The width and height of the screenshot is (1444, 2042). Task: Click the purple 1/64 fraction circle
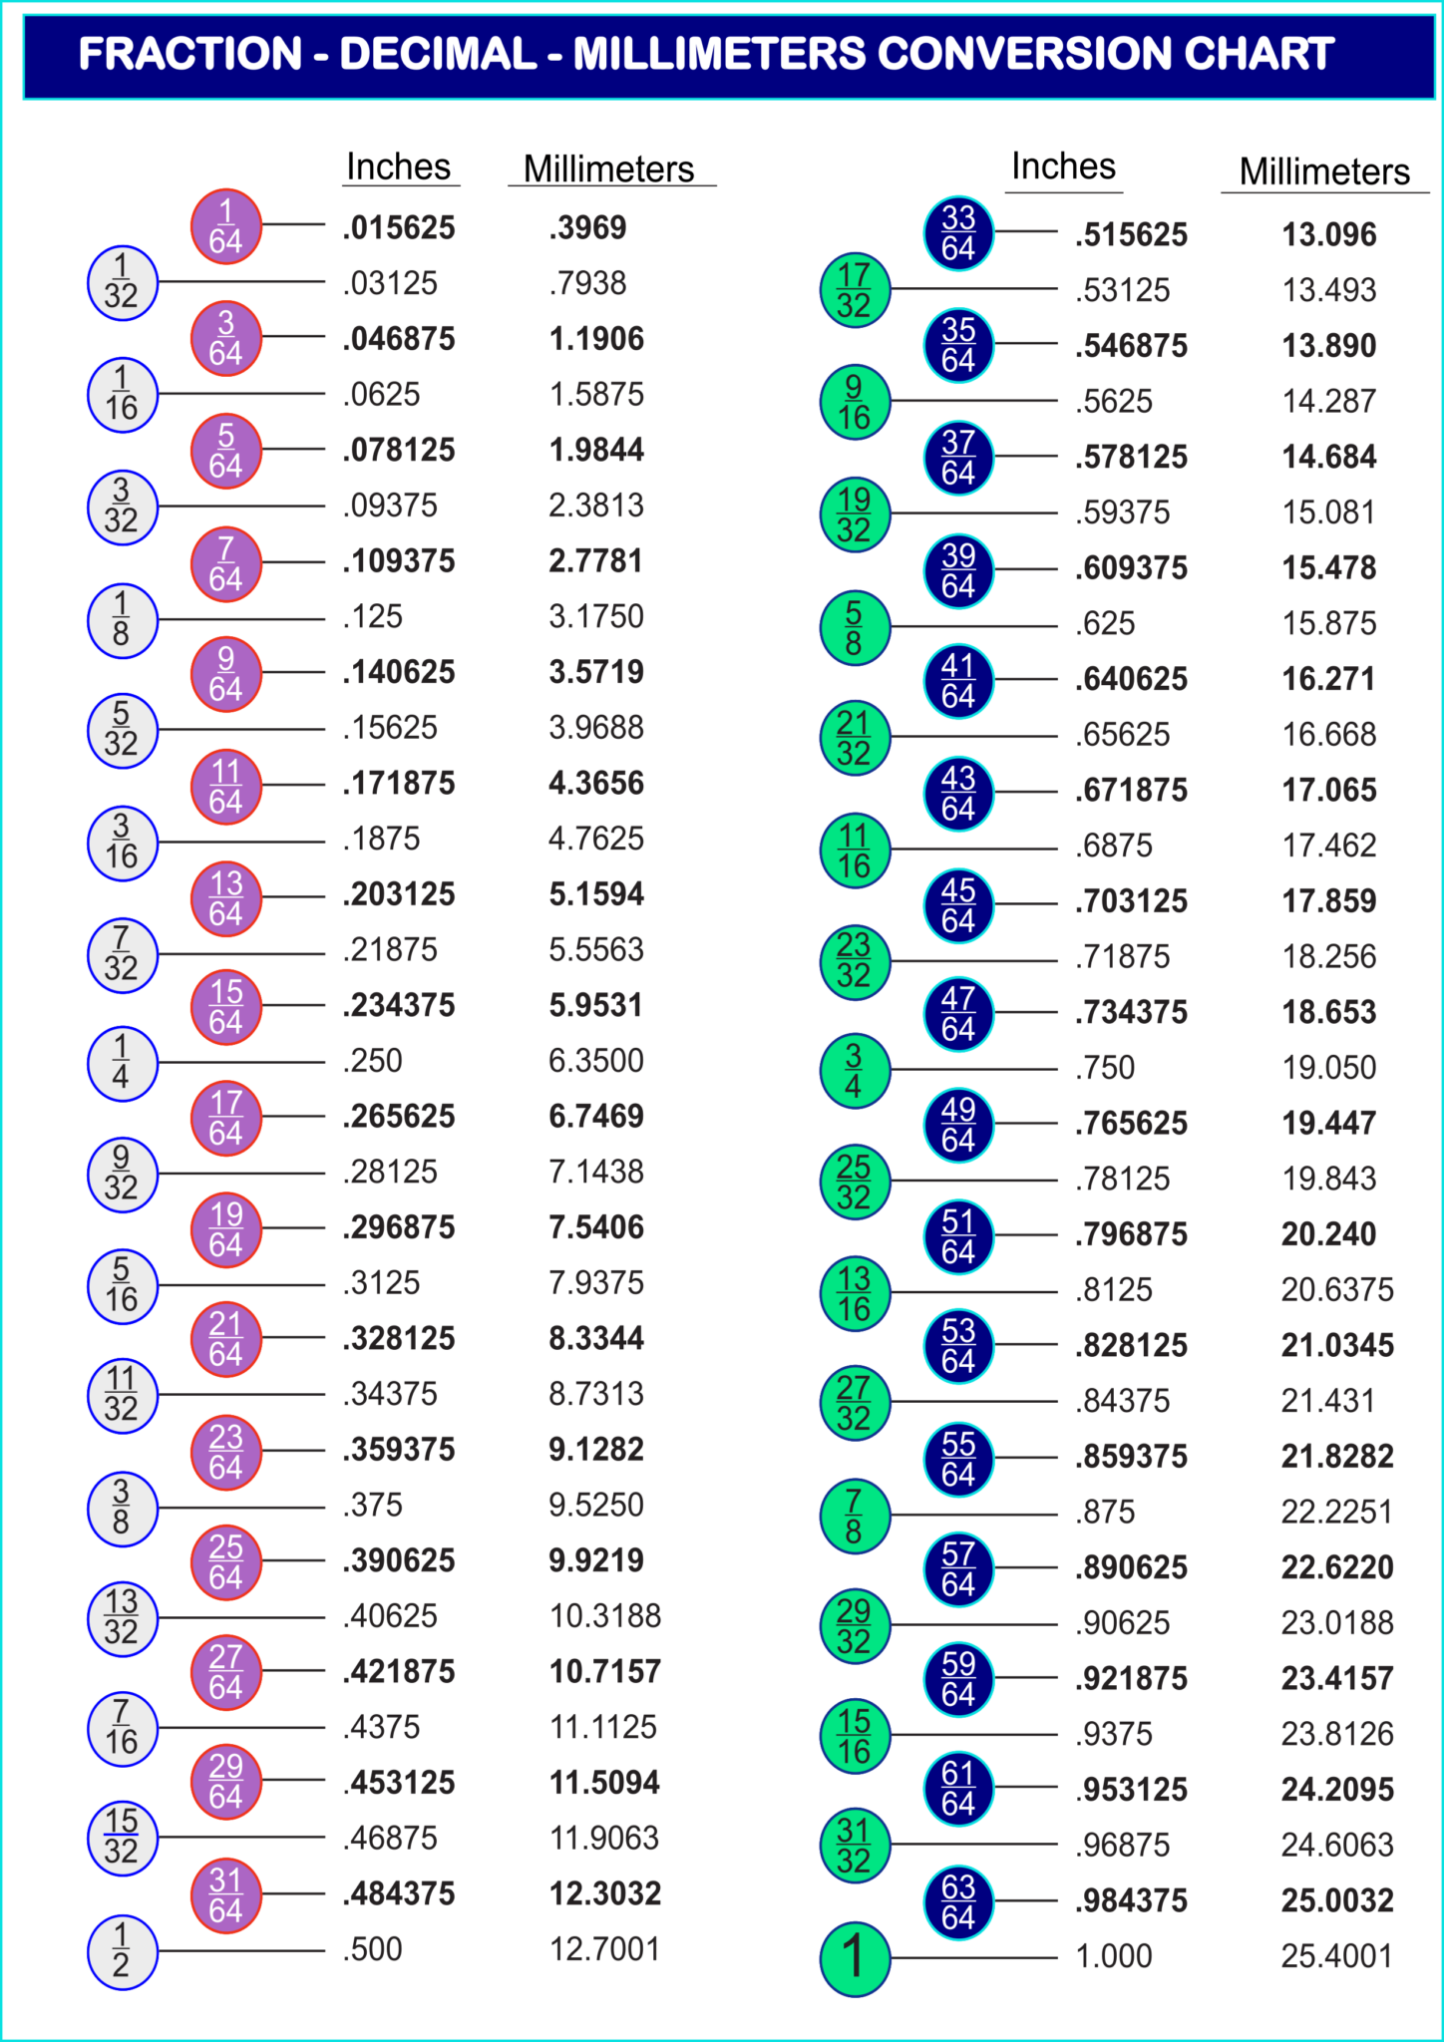[x=226, y=226]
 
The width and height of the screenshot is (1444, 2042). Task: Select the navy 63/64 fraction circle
[x=958, y=1902]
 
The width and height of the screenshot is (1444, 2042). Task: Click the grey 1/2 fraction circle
[x=122, y=1951]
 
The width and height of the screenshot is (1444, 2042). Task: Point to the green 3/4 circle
[x=855, y=1070]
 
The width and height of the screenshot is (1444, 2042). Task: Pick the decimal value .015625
[x=399, y=228]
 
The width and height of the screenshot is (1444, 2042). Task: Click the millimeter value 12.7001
[x=604, y=1949]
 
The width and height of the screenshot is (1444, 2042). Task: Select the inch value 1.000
[x=1113, y=1956]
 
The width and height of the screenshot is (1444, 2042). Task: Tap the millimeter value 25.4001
[x=1336, y=1956]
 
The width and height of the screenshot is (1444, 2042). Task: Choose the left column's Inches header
[x=399, y=167]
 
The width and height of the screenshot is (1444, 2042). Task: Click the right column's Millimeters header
[x=1324, y=171]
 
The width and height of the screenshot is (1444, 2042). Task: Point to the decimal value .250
[x=373, y=1061]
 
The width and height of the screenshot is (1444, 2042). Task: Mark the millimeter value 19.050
[x=1328, y=1068]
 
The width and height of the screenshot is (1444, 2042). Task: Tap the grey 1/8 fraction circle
[x=122, y=619]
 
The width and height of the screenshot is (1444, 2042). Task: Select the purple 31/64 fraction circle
[x=226, y=1894]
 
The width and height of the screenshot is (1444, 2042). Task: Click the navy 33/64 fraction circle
[x=958, y=233]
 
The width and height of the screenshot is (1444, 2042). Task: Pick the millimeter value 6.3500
[x=596, y=1061]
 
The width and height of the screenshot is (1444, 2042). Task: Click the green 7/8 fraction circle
[x=855, y=1516]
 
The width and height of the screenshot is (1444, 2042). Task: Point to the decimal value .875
[x=1105, y=1513]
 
